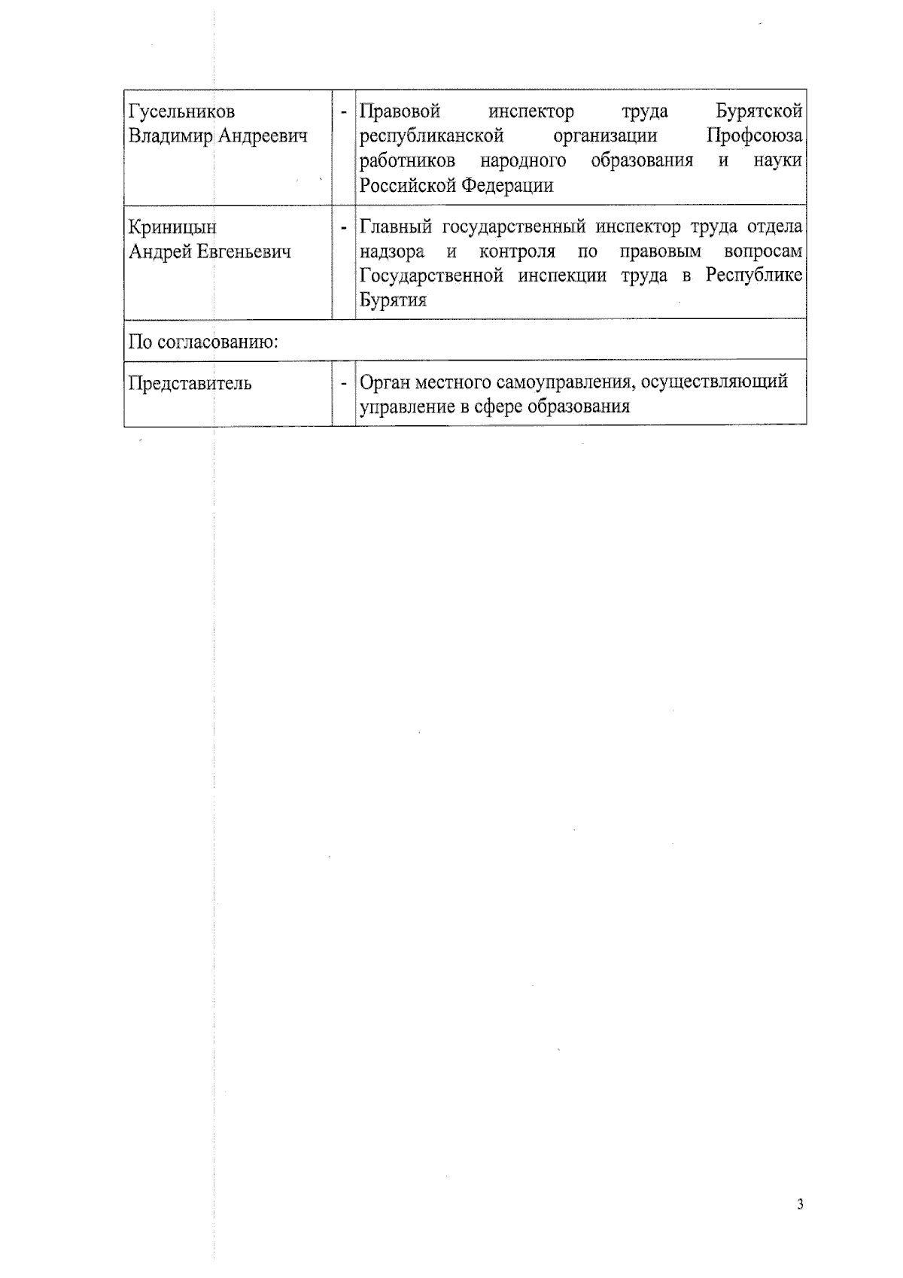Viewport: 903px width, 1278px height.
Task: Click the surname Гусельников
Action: click(x=182, y=112)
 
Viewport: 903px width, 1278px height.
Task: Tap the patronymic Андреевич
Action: click(x=263, y=136)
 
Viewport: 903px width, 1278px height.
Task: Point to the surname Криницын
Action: click(x=172, y=227)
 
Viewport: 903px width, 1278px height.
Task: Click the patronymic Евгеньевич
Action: click(x=244, y=251)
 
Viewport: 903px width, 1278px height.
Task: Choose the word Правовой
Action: click(x=400, y=112)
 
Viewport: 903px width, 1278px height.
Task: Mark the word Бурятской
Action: click(x=759, y=112)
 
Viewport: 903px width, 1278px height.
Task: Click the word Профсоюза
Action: click(x=755, y=136)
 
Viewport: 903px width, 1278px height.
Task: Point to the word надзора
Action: click(x=392, y=251)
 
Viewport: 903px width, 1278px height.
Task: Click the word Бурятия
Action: click(x=394, y=300)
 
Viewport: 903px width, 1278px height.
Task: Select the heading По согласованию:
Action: click(x=204, y=342)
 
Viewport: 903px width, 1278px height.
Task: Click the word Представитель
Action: click(x=190, y=383)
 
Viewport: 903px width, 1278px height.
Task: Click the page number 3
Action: click(x=800, y=1205)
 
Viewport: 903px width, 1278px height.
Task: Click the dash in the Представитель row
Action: click(x=344, y=384)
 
